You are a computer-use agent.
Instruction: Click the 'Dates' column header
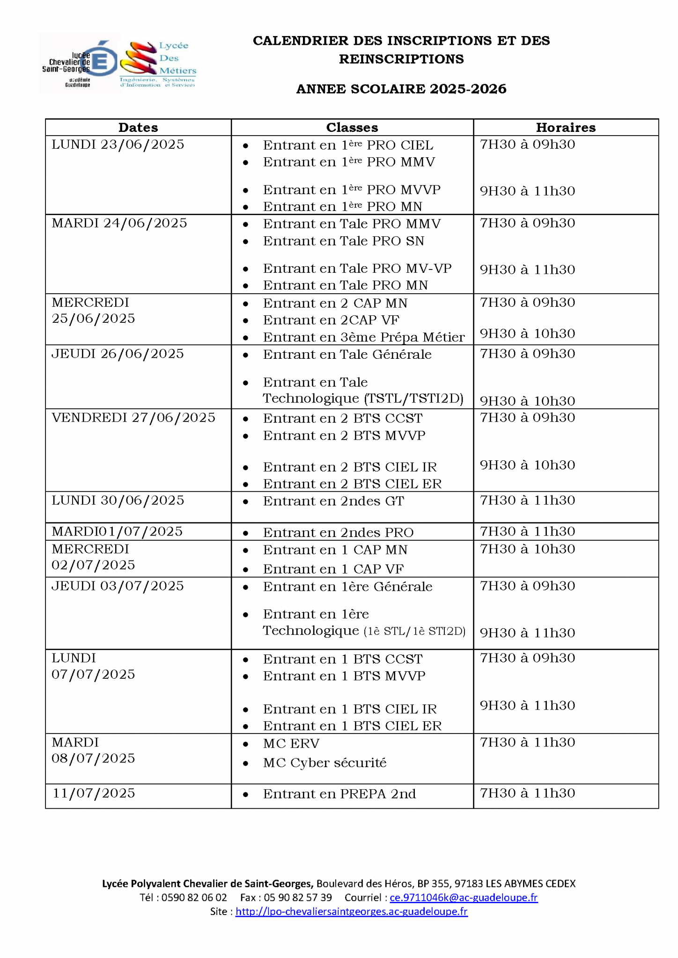pos(138,127)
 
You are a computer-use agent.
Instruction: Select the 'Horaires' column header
pos(566,127)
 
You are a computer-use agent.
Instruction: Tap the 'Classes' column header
pos(352,127)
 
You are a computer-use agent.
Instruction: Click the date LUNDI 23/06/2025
pos(118,145)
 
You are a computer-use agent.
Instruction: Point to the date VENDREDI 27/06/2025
pos(133,417)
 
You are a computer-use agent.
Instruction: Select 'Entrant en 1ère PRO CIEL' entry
pos(348,145)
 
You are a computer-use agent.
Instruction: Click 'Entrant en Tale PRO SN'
pos(343,241)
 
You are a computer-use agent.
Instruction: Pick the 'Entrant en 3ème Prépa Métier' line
pos(363,337)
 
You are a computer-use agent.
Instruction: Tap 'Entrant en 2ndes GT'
pos(333,501)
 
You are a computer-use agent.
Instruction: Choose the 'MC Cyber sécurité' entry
pos(324,763)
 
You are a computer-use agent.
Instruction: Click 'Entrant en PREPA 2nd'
pos(339,794)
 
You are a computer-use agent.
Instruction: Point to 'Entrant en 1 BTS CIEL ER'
pos(352,726)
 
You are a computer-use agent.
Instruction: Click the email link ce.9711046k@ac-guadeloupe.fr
pos(464,898)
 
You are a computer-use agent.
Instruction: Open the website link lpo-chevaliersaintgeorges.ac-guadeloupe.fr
pos(351,912)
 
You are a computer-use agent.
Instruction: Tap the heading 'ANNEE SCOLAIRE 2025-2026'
pos(401,89)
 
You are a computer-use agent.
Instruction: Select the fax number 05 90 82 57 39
pos(298,898)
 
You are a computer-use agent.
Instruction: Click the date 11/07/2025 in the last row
pos(94,793)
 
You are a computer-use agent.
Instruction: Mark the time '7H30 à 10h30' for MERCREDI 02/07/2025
pos(527,549)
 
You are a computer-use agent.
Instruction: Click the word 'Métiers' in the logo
pos(177,71)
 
